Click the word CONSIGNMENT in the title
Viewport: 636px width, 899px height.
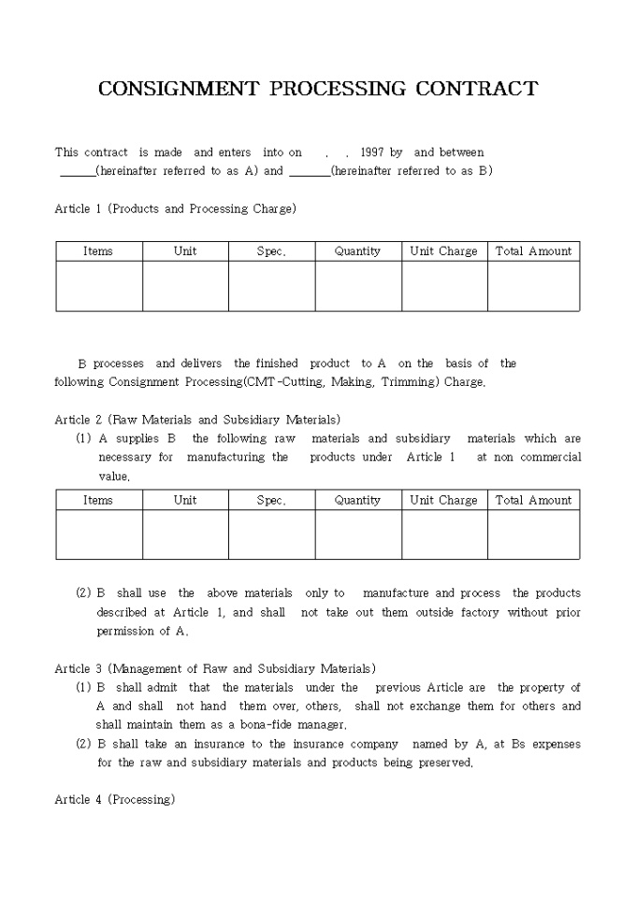click(178, 89)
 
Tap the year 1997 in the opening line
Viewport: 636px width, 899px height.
click(372, 152)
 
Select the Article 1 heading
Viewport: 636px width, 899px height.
click(175, 208)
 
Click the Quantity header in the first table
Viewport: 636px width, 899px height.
click(357, 251)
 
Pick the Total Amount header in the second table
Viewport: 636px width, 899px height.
click(533, 500)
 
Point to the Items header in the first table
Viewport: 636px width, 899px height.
click(98, 251)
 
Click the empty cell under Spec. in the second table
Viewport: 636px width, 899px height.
click(271, 535)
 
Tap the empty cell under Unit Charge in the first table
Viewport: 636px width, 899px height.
click(444, 286)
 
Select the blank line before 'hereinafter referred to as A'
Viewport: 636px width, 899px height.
click(77, 172)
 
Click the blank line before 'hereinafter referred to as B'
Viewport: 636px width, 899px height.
click(309, 172)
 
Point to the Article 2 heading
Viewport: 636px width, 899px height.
click(197, 420)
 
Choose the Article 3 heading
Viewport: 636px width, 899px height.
click(215, 668)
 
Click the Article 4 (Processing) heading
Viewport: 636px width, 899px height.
click(114, 800)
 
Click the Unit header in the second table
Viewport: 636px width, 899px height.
click(185, 500)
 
